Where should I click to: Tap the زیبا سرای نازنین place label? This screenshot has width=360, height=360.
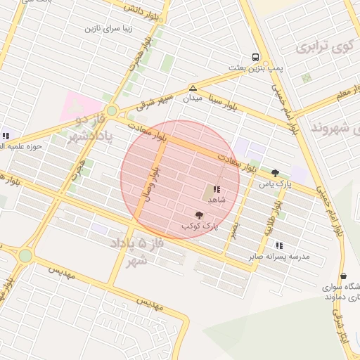coord(109,30)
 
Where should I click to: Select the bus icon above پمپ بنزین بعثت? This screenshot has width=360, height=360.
coord(254,57)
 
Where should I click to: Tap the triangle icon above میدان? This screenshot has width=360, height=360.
coord(192,88)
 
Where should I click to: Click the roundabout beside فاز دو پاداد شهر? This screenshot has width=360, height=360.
coord(112,110)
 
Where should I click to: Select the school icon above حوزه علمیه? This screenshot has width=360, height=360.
coord(6,136)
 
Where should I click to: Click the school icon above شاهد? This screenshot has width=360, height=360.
coord(217,189)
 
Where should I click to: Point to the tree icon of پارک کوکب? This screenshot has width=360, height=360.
coord(200,215)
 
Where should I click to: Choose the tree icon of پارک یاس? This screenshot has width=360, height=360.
coord(275,173)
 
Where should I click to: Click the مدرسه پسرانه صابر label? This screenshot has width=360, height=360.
coord(279,257)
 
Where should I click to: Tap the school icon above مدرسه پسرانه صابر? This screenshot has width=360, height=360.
coord(279,245)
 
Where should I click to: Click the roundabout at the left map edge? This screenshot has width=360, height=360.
coord(25,256)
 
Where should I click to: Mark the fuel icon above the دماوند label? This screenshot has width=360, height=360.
coord(343,276)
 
